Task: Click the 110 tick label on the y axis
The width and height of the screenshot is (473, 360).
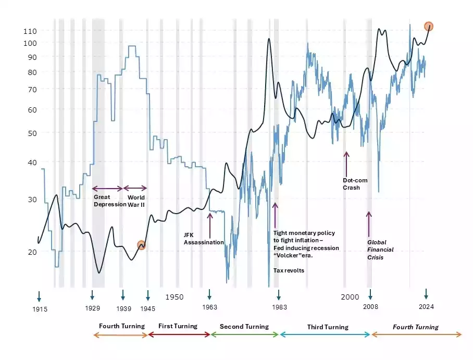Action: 30,31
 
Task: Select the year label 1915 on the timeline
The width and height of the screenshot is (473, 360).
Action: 40,309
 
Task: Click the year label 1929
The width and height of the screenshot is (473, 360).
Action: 92,308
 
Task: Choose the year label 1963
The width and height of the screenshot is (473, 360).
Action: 209,307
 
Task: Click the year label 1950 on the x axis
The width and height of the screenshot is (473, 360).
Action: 175,296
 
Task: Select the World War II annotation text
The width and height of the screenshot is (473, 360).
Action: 136,201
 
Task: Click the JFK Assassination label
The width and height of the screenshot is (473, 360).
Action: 204,239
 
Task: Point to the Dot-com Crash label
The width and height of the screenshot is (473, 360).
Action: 355,184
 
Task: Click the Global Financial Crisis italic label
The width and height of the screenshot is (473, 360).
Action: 380,250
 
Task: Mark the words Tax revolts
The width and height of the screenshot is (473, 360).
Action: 289,270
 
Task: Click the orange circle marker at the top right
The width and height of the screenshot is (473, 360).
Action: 429,26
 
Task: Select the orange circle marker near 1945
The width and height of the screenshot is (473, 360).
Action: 141,245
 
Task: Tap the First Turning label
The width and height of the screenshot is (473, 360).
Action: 178,326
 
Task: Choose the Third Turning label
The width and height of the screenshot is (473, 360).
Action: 328,327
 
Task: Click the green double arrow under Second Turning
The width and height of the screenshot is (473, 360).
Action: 245,334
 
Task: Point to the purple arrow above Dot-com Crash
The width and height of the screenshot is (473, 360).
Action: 346,162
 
